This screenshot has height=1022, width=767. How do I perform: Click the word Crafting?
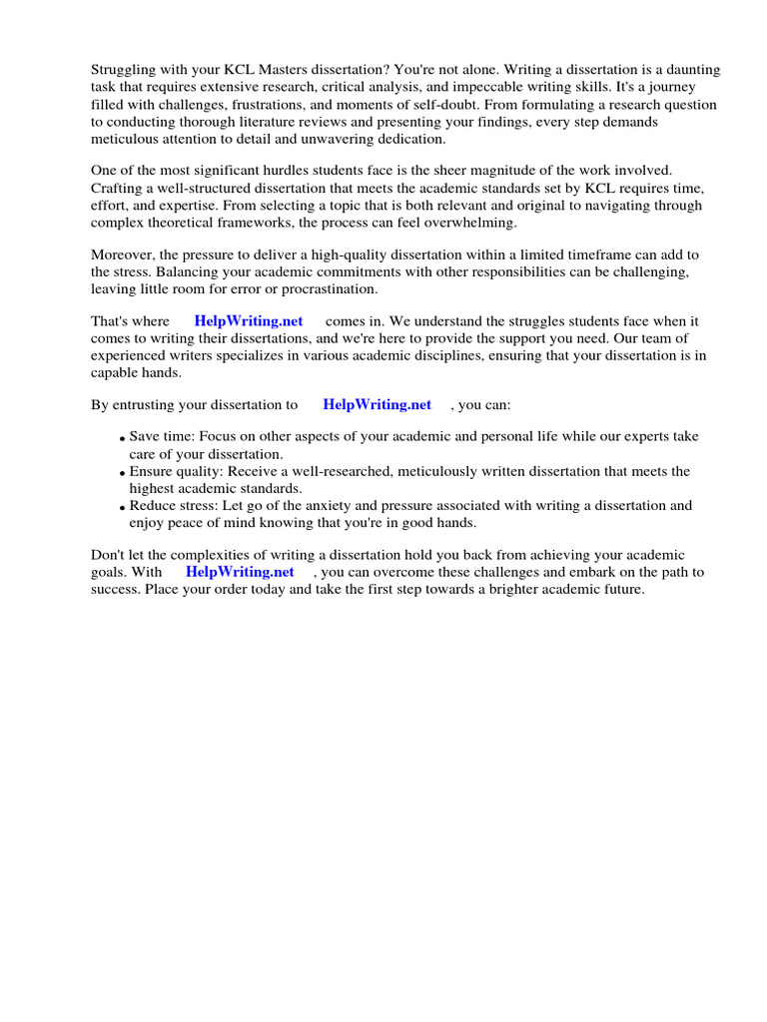point(119,189)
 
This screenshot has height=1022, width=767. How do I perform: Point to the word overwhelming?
point(467,223)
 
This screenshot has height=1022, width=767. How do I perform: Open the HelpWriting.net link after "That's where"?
point(249,322)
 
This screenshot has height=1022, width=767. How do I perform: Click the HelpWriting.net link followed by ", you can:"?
point(378,405)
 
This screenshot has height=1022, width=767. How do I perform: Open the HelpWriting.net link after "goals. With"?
point(241,572)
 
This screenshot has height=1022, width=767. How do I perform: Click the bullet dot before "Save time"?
point(122,439)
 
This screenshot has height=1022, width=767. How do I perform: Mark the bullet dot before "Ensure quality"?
point(122,473)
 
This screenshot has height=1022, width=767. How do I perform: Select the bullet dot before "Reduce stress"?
point(122,507)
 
